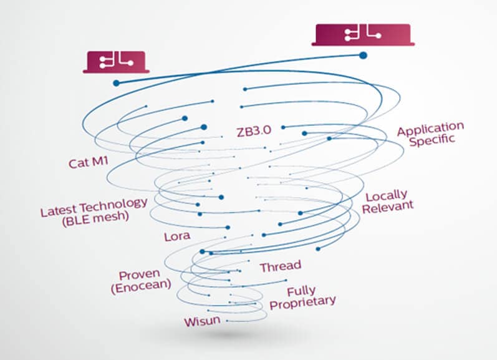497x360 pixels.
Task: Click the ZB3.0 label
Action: click(256, 132)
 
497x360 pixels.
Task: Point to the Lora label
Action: click(177, 236)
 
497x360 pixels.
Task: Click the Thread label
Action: click(280, 266)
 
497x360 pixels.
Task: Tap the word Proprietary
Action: click(303, 302)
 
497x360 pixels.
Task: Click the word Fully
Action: click(301, 291)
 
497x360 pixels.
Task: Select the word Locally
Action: click(386, 197)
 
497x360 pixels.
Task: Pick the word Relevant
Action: click(388, 208)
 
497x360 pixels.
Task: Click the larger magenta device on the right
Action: click(363, 34)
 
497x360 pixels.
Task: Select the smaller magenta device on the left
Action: click(116, 61)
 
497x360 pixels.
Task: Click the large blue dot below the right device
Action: click(363, 56)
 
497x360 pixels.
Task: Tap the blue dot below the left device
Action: click(116, 82)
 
